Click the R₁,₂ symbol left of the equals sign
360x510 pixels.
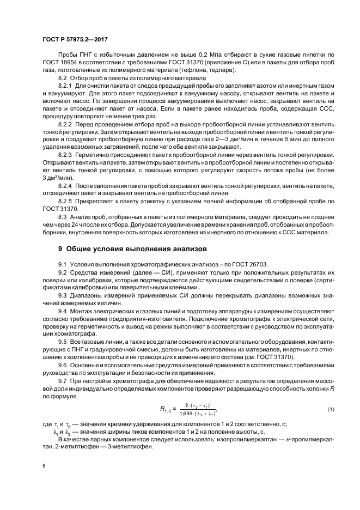[x=150, y=409]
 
